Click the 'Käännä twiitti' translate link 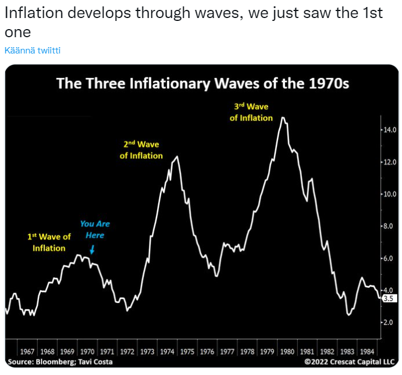(33, 51)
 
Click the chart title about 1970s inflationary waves (202, 83)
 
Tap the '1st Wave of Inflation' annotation (49, 242)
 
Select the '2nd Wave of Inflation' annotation (141, 150)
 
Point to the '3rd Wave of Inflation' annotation (251, 112)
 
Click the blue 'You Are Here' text (95, 230)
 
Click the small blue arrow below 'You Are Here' (93, 249)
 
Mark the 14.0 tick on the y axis (389, 130)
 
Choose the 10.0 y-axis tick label (389, 194)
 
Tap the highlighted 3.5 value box (389, 298)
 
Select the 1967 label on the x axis (27, 352)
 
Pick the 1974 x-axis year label (167, 352)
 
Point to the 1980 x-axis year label (287, 352)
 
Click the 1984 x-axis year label (367, 352)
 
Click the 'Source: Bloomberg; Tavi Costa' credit (60, 362)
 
